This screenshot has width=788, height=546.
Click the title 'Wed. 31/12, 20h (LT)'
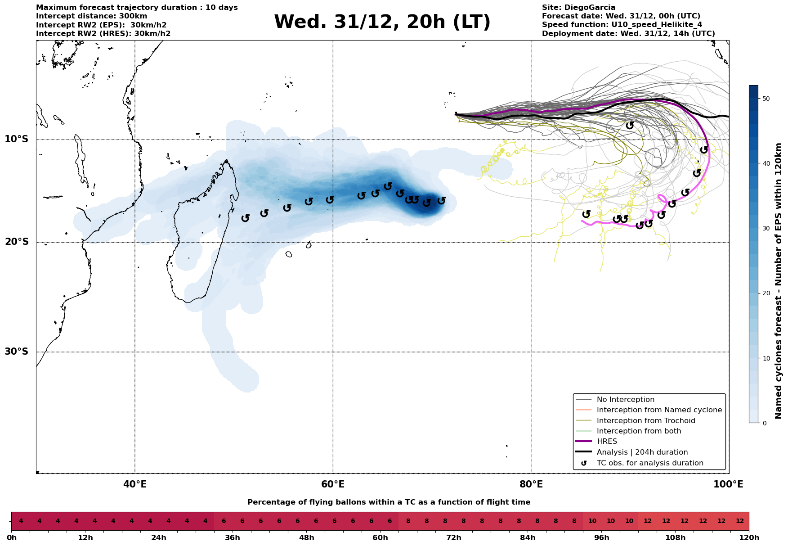click(x=382, y=22)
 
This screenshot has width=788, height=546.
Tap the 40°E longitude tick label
click(x=135, y=484)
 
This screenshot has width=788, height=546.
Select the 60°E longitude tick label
click(x=333, y=484)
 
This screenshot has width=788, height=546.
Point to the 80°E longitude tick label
click(x=531, y=484)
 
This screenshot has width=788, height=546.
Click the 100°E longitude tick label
click(x=728, y=484)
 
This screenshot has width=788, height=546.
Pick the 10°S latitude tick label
click(x=17, y=139)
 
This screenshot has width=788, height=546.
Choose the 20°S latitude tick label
click(x=17, y=242)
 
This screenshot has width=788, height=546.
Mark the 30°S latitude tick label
click(x=17, y=352)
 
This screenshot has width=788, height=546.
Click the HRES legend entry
click(x=607, y=442)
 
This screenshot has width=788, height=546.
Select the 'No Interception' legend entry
click(x=625, y=400)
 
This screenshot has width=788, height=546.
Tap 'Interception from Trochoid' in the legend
click(x=645, y=421)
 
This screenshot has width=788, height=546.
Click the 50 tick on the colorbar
click(x=766, y=99)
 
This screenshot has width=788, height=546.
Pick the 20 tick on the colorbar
click(x=766, y=293)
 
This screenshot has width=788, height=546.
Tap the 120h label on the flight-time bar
click(x=749, y=538)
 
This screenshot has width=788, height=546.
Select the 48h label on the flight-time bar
click(x=307, y=538)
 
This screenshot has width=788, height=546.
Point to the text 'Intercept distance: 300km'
click(x=91, y=16)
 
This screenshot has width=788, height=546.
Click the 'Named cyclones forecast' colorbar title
click(x=779, y=281)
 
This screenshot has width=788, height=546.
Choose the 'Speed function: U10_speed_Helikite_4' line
click(x=622, y=25)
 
